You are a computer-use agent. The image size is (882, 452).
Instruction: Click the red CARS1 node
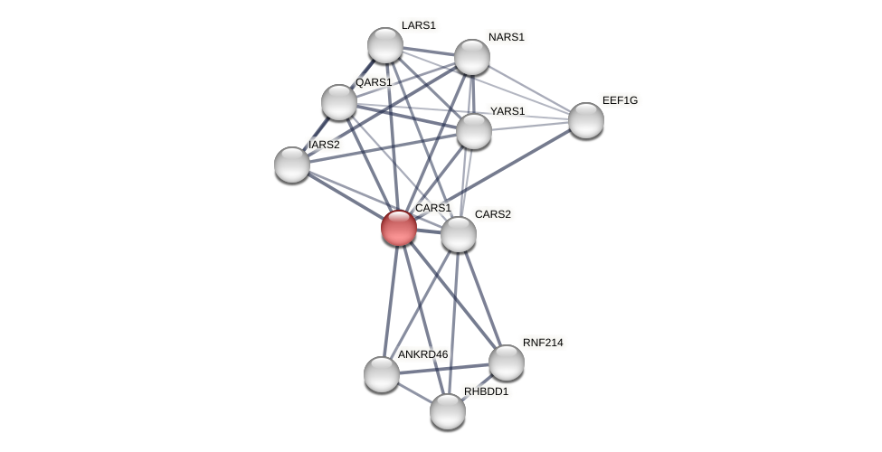399,228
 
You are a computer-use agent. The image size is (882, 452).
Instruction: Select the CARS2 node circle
459,234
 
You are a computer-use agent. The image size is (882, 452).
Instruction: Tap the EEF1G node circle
586,120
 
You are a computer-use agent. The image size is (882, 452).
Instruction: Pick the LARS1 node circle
385,45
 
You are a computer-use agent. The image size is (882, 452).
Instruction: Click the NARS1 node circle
472,57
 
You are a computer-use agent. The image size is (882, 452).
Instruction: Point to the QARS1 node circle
339,102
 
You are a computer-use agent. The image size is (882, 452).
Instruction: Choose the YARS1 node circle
474,131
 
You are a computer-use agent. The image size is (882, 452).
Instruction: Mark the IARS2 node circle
292,165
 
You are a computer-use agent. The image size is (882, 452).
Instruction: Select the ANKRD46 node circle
382,374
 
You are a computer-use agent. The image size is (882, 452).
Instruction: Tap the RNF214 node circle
507,363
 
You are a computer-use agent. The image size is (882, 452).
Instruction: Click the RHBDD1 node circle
448,411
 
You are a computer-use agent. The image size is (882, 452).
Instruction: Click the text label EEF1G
620,100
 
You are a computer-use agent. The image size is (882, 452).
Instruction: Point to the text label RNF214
543,343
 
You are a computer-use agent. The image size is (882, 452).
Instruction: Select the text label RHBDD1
486,391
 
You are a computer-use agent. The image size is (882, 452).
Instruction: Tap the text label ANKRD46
422,354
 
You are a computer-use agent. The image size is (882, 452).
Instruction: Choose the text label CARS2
493,214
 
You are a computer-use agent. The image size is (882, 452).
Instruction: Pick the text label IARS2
324,145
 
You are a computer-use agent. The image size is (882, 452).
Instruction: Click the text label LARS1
418,25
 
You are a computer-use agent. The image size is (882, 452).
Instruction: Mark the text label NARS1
506,37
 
